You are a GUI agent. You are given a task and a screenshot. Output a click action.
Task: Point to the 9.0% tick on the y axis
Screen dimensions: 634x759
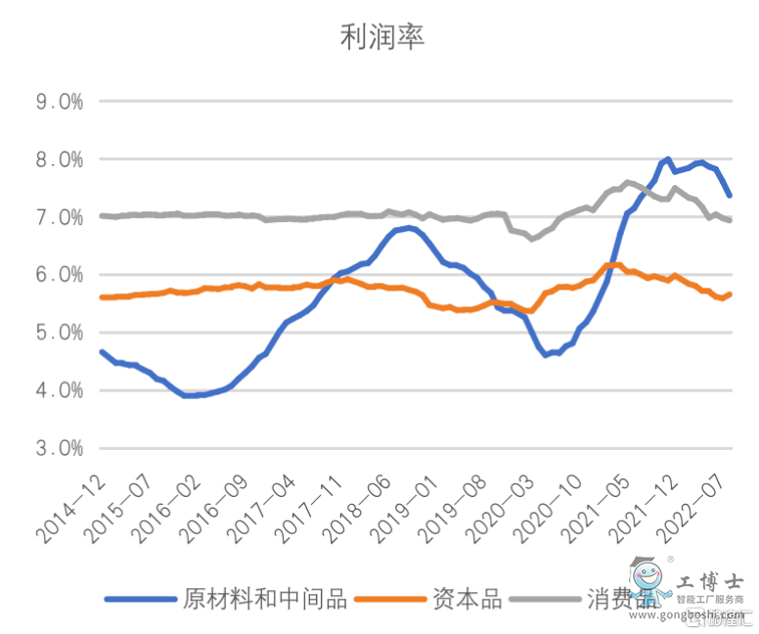tap(58, 101)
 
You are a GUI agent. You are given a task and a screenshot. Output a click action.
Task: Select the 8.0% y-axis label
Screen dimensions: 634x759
tap(58, 158)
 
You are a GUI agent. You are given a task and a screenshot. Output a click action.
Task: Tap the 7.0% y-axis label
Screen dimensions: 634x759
tap(58, 216)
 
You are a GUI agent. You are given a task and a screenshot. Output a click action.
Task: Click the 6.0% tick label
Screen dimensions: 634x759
tap(58, 275)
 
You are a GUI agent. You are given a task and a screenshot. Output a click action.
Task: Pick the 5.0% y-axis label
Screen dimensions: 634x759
tap(58, 333)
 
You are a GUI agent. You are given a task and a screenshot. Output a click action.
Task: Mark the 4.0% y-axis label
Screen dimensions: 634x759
tap(58, 390)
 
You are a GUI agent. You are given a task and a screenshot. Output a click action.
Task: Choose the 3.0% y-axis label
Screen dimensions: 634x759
tap(58, 448)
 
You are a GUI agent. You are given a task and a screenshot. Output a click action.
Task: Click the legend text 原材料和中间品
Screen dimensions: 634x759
tap(266, 599)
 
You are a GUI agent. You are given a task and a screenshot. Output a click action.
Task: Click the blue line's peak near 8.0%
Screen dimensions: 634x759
tap(667, 158)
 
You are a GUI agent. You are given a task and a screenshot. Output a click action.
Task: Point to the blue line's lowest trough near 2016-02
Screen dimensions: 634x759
tap(188, 395)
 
